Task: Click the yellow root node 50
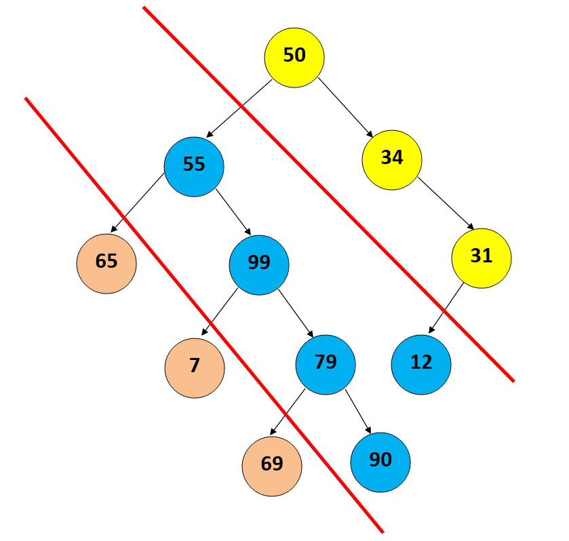[294, 56]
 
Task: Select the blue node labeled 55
[194, 166]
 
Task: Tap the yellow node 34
[392, 159]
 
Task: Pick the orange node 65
[106, 263]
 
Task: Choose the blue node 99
[259, 264]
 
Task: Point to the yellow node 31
[481, 258]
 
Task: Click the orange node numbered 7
[195, 367]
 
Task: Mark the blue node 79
[326, 364]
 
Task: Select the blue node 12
[421, 364]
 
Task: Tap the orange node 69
[272, 466]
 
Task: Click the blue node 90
[380, 462]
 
